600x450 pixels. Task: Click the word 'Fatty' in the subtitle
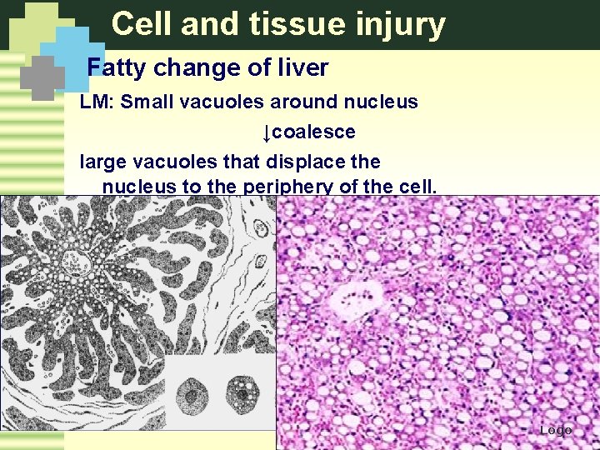click(116, 67)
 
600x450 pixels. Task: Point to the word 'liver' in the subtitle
click(304, 67)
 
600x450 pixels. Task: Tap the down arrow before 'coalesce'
click(266, 132)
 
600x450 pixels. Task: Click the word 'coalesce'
click(313, 132)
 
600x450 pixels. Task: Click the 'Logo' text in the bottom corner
click(555, 430)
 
